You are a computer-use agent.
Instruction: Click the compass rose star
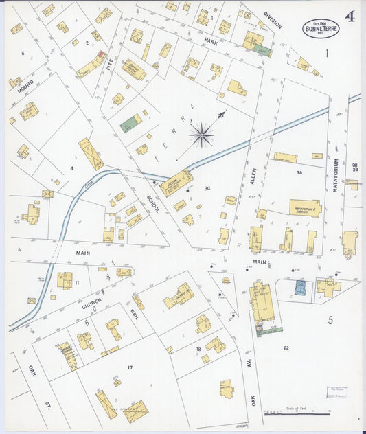(x=201, y=135)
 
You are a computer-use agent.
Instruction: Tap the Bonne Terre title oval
(x=321, y=28)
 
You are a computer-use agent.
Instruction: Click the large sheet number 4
(x=350, y=16)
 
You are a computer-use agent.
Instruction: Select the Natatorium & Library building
(x=305, y=208)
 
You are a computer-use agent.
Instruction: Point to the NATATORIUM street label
(x=336, y=172)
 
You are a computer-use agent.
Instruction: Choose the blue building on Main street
(x=300, y=287)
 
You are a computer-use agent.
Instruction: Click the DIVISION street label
(x=273, y=21)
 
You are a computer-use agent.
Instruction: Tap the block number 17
(x=129, y=368)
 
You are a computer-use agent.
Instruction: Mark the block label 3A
(x=299, y=174)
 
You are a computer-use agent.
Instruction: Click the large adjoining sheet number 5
(x=330, y=320)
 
